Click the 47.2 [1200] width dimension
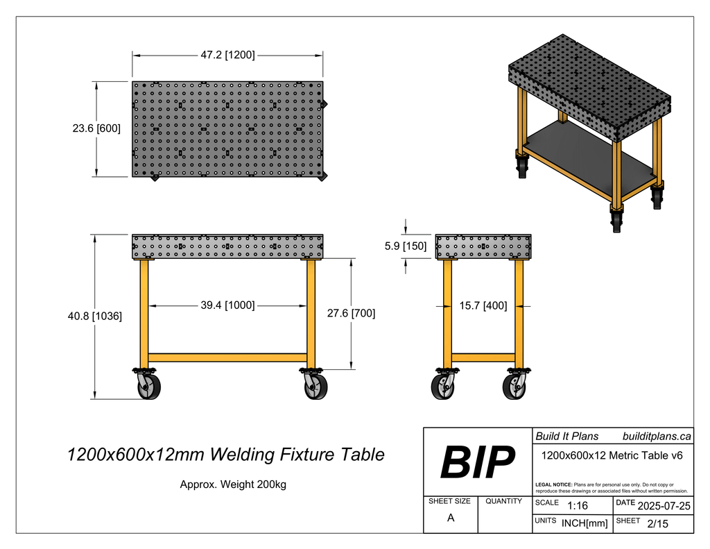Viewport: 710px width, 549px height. tap(227, 55)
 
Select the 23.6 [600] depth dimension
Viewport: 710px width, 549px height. tap(96, 129)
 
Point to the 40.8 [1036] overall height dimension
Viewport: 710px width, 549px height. tap(96, 316)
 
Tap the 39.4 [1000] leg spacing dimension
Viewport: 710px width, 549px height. tap(227, 305)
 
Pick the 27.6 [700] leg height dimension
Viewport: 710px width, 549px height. tap(351, 313)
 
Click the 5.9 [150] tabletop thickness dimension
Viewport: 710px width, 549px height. tap(406, 246)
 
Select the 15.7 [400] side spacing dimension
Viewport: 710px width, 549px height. tap(483, 305)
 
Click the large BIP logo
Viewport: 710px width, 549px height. tap(478, 462)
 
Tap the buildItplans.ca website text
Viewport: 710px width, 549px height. tap(657, 437)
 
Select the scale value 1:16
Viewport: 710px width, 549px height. tap(578, 505)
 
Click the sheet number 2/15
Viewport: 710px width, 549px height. tap(657, 524)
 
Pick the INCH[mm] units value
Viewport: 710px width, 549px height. tap(584, 523)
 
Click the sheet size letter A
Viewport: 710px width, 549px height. tap(450, 518)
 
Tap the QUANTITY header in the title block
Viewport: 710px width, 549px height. tap(504, 501)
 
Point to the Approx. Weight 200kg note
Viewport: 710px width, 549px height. tap(233, 484)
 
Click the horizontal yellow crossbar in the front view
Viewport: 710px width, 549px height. tap(227, 357)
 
